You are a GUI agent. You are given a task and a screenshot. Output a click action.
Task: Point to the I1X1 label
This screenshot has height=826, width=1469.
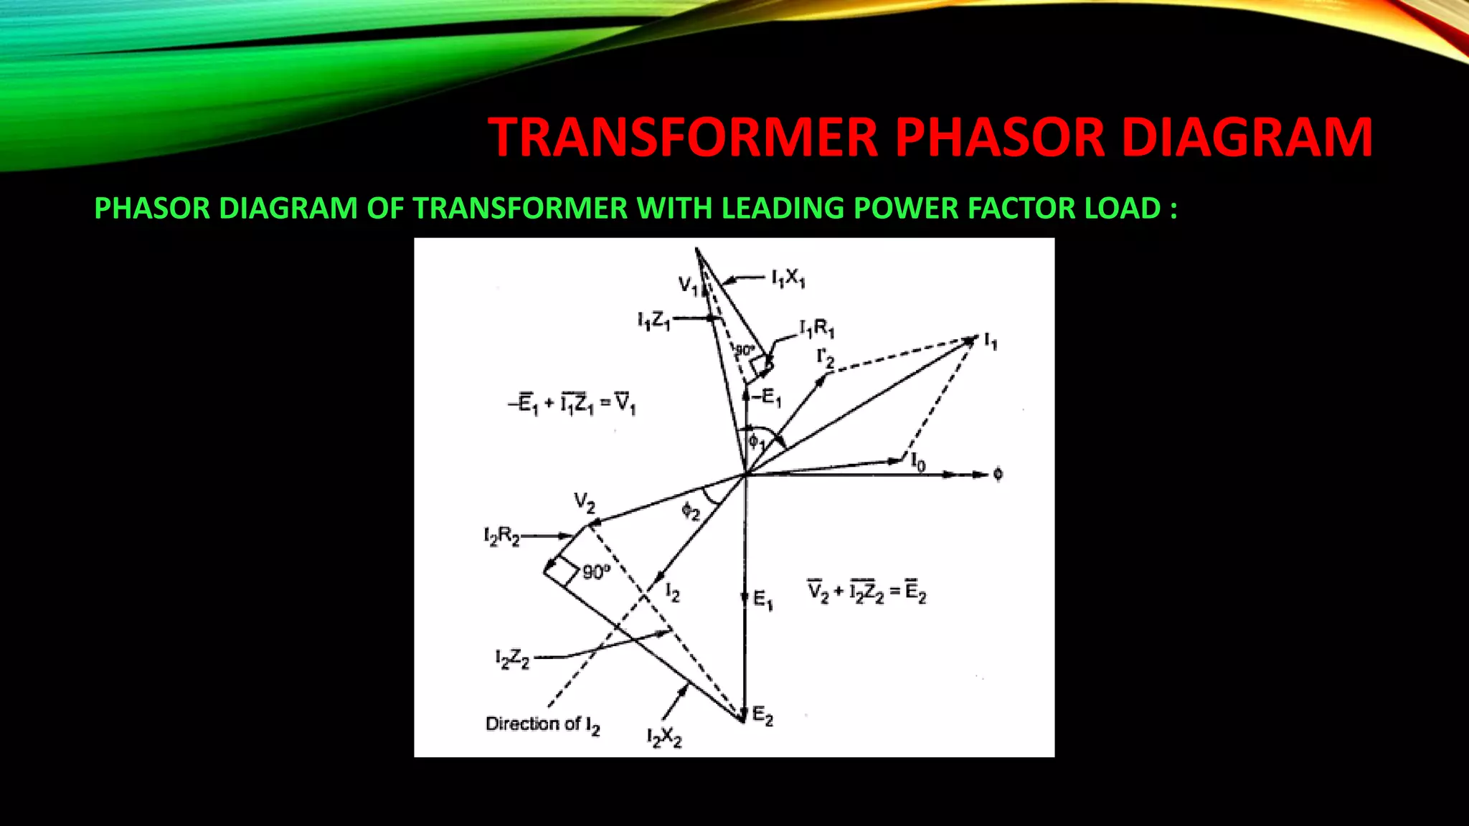(788, 278)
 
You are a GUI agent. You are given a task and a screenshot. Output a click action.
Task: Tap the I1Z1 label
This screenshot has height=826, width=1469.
(653, 321)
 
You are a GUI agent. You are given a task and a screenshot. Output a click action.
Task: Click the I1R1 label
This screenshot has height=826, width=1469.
(817, 329)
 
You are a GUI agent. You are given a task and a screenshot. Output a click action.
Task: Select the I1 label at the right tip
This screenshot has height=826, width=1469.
(991, 342)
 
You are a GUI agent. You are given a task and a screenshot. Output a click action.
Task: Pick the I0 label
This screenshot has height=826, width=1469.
(918, 462)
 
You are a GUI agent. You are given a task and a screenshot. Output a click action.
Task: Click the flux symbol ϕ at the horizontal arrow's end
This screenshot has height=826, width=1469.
(998, 474)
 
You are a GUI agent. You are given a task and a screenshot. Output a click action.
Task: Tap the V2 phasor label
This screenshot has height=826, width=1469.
(585, 503)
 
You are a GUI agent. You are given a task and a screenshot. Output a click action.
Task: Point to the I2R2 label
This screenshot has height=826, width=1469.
(501, 536)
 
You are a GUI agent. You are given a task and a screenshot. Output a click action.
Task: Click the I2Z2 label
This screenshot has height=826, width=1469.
(512, 659)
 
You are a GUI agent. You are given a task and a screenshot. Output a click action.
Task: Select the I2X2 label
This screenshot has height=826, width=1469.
(664, 738)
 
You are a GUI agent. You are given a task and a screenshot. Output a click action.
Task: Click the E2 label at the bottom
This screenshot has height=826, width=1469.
(762, 716)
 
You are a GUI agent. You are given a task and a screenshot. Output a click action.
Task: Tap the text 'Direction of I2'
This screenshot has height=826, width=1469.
(542, 725)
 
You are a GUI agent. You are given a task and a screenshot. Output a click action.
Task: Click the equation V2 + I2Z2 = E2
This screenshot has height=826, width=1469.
(867, 592)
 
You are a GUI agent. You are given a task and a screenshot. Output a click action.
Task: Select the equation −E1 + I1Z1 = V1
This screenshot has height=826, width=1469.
(572, 404)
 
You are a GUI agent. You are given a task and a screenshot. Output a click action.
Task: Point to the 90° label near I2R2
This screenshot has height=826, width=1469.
(596, 571)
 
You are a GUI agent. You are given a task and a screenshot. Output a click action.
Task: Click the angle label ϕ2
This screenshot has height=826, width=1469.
(690, 511)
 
